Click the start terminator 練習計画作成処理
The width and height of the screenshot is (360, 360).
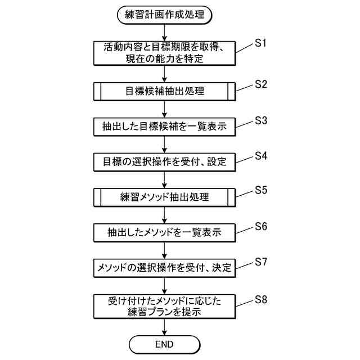point(164,15)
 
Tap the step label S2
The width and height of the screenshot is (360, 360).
point(260,84)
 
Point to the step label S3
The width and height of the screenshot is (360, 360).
point(260,120)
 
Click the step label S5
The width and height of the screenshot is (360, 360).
point(260,191)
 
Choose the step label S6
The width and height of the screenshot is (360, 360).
point(260,226)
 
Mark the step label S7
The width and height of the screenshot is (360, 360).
point(260,262)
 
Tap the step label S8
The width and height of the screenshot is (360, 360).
point(260,299)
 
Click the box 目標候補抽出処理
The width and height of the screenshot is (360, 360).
point(164,91)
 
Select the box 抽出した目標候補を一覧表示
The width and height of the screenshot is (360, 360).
point(164,127)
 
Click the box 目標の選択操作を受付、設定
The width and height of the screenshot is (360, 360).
point(164,162)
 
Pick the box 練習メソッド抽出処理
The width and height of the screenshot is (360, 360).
point(164,197)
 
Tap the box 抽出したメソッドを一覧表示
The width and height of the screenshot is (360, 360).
point(164,232)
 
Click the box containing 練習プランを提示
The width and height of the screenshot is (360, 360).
point(164,307)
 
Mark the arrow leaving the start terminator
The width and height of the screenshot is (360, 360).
point(164,32)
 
